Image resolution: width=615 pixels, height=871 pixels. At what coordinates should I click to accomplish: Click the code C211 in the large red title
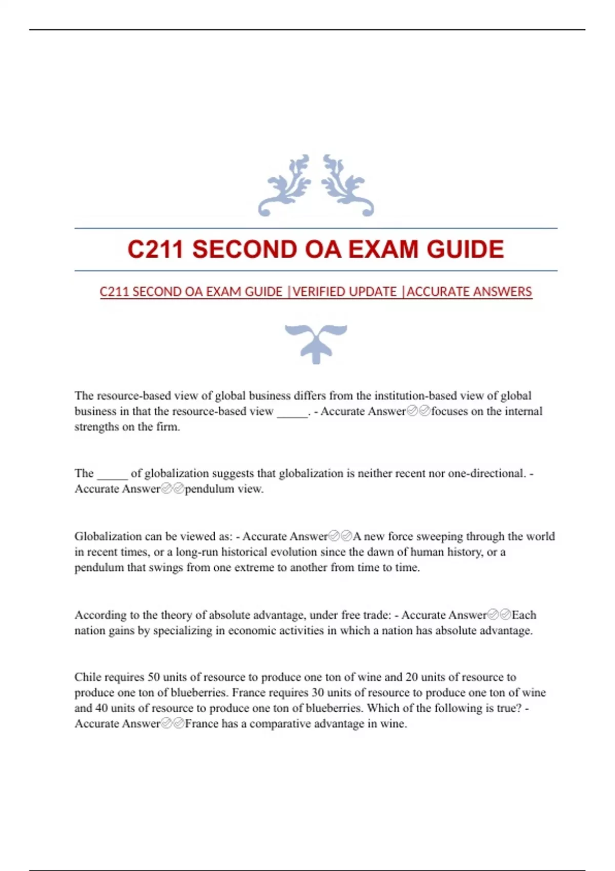(155, 250)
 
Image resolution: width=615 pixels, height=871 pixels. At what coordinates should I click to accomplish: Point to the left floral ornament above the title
(285, 185)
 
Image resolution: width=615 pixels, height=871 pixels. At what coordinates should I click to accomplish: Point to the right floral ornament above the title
(347, 185)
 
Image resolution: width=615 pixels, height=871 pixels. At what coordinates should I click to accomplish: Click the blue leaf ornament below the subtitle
(316, 343)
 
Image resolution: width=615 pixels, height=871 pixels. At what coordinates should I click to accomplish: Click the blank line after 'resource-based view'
(292, 411)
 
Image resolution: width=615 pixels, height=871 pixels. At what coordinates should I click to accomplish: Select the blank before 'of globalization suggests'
(112, 473)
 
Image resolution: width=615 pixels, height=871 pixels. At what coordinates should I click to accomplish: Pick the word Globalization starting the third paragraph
(108, 536)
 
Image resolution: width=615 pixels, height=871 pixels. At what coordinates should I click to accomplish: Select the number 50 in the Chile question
(154, 677)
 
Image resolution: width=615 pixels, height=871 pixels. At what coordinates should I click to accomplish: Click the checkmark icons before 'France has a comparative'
(173, 723)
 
